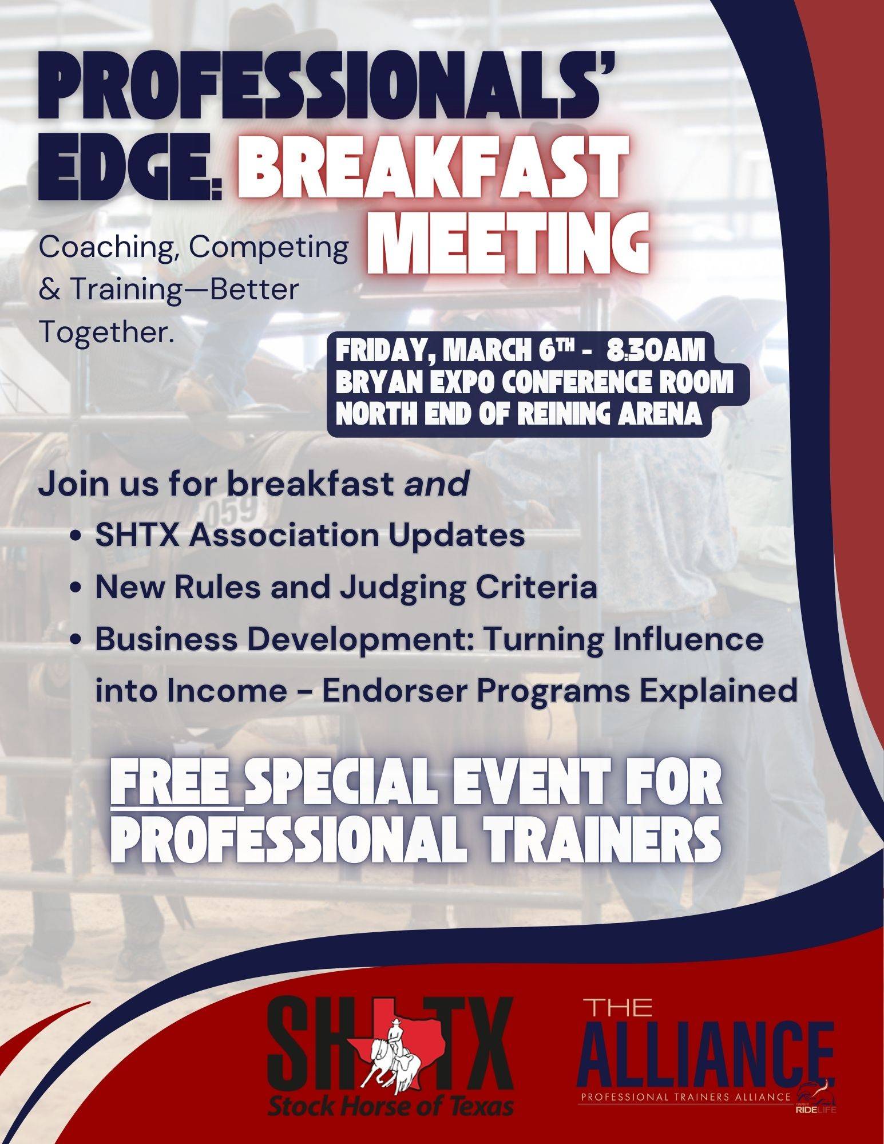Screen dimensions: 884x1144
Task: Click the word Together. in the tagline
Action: [106, 332]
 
